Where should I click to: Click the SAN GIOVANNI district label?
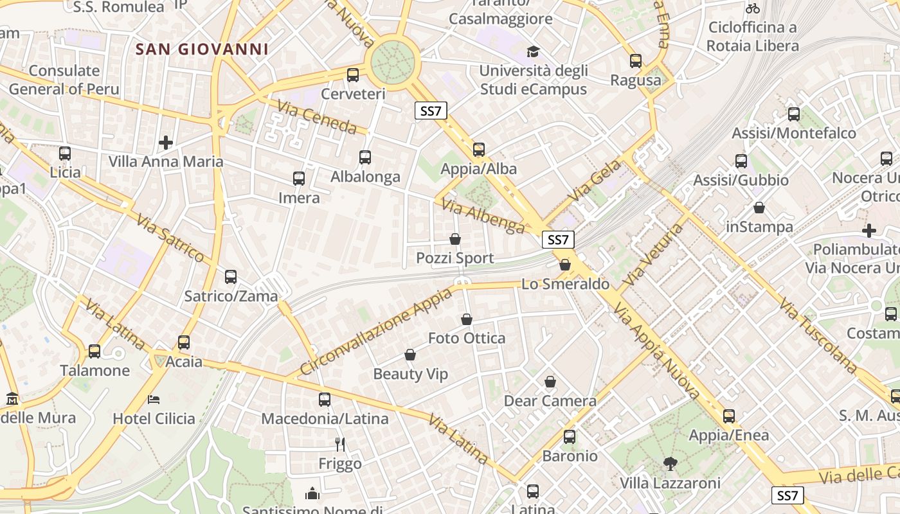coord(202,49)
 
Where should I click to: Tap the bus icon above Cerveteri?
coord(353,75)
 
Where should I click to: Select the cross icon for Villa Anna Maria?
coord(166,142)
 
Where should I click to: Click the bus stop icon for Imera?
coord(299,179)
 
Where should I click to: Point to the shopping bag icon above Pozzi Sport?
coord(455,240)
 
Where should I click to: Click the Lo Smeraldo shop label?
coord(565,284)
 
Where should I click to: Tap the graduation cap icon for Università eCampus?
coord(533,52)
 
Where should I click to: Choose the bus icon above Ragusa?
coord(636,61)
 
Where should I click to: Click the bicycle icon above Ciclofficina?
coord(753,9)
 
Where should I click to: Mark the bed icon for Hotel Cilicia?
coord(154,400)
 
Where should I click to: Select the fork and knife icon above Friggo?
coord(340,444)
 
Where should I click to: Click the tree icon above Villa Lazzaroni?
coord(670,463)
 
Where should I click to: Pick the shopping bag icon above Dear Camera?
coord(550,382)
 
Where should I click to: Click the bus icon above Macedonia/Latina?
coord(325,400)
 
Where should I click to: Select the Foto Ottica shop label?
coord(467,338)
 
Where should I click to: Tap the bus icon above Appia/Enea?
coord(729,416)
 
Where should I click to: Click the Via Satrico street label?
coord(170,238)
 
